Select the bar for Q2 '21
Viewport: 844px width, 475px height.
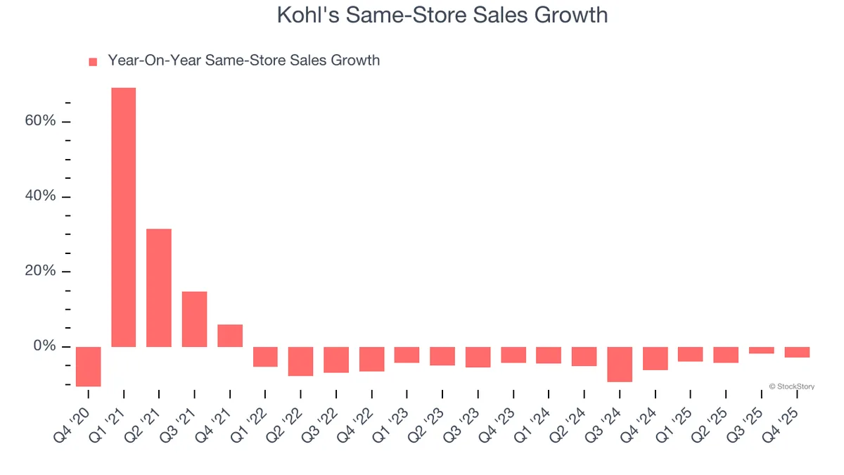pyautogui.click(x=159, y=288)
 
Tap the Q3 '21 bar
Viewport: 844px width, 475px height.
pyautogui.click(x=194, y=319)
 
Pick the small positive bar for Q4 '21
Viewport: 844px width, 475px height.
pyautogui.click(x=230, y=336)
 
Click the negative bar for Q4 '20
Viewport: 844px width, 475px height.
pyautogui.click(x=89, y=366)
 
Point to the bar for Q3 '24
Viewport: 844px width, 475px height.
pyautogui.click(x=620, y=364)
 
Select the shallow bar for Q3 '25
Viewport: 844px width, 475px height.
pyautogui.click(x=762, y=350)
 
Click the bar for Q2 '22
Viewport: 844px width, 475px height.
pyautogui.click(x=301, y=361)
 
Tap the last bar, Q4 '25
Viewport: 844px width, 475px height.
pyautogui.click(x=797, y=352)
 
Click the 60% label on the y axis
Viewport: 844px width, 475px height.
pyautogui.click(x=39, y=121)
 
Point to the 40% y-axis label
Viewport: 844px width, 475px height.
pyautogui.click(x=39, y=196)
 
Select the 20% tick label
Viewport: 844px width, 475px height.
pyautogui.click(x=39, y=272)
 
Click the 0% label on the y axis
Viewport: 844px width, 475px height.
pyautogui.click(x=44, y=346)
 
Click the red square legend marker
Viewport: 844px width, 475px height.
pyautogui.click(x=93, y=62)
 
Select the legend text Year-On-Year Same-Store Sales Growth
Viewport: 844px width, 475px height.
pyautogui.click(x=243, y=61)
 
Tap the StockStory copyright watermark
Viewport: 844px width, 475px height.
pyautogui.click(x=791, y=386)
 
